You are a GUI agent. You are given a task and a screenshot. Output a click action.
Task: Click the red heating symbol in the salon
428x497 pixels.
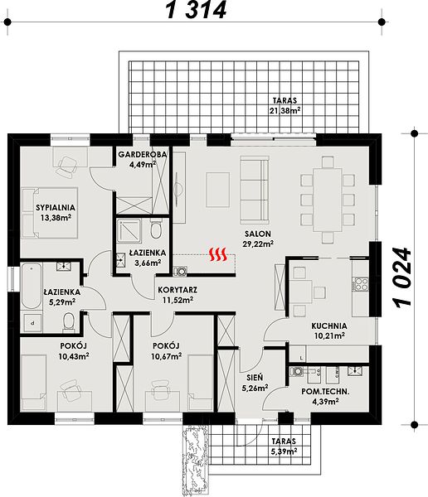pos(218,254)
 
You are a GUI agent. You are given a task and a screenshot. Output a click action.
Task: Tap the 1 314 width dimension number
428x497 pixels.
pos(197,10)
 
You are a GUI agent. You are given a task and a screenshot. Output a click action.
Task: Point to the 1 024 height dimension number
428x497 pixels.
pos(403,277)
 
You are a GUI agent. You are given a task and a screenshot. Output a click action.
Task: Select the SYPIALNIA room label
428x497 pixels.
pos(56,208)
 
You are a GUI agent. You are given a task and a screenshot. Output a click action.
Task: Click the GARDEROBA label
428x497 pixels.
pos(143,154)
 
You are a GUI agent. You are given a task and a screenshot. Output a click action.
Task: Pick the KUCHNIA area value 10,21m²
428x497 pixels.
pos(329,335)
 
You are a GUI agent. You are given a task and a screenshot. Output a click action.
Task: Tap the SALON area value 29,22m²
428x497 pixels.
pos(259,244)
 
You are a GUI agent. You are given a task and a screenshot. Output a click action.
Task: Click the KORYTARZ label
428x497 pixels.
pos(178,290)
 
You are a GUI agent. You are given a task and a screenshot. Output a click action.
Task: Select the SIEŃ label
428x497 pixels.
pos(255,377)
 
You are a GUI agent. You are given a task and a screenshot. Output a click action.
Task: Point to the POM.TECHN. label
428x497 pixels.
pos(325,392)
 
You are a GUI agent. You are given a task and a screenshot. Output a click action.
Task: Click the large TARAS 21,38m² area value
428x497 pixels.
pos(285,111)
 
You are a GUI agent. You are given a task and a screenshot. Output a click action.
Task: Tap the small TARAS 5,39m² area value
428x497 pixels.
pos(284,451)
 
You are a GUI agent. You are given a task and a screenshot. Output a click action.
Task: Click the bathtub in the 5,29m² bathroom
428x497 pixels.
pos(32,286)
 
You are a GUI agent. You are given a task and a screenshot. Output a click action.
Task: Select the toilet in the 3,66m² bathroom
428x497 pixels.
pos(156,229)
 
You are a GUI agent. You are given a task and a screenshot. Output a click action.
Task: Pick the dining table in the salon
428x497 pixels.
pos(328,200)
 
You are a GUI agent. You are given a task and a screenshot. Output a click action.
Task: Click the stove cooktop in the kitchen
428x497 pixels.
pos(361,284)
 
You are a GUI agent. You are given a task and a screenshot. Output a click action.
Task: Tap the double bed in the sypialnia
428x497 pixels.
pos(50,213)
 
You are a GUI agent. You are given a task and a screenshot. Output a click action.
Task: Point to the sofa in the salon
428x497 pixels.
pos(255,191)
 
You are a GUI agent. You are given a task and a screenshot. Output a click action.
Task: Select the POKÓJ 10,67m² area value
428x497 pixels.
pos(167,356)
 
